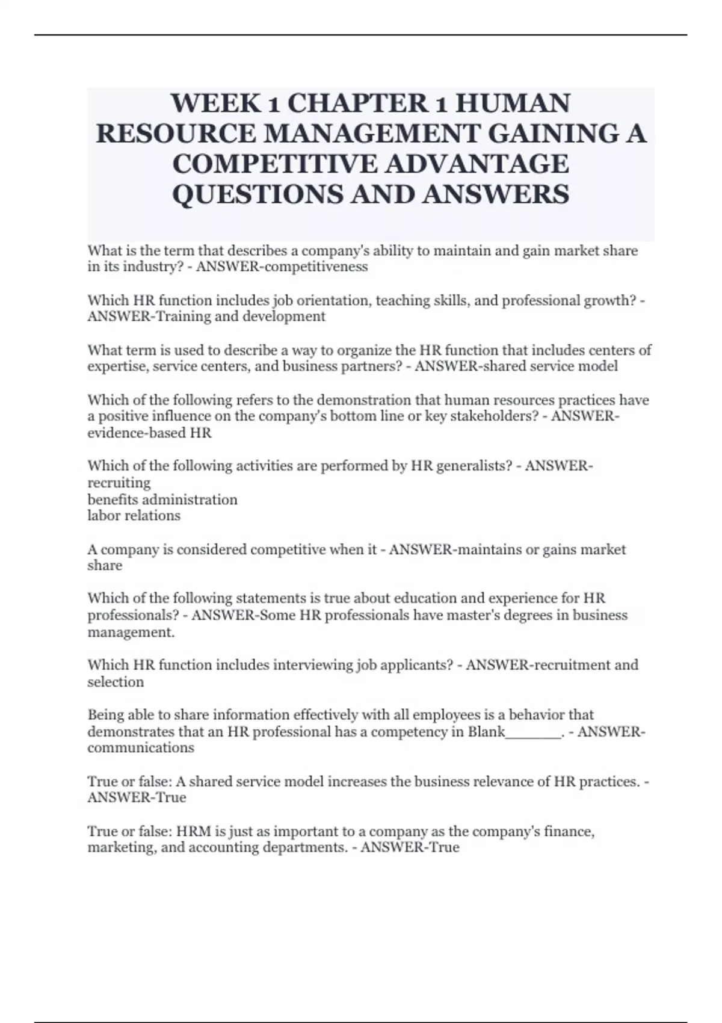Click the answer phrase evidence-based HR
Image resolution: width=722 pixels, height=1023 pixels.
coord(150,433)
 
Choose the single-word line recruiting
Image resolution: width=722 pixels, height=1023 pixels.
coord(119,483)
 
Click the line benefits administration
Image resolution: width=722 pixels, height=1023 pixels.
coord(162,499)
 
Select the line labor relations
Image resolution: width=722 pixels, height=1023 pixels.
coord(134,516)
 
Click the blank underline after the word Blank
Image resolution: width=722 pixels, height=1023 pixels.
coord(533,732)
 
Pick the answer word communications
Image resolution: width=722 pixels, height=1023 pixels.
coord(141,748)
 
